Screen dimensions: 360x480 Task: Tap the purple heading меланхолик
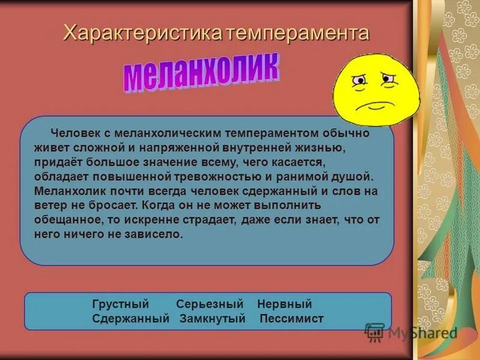pyautogui.click(x=202, y=74)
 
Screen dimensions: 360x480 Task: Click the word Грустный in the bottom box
pyautogui.click(x=121, y=304)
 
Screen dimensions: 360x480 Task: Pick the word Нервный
pyautogui.click(x=284, y=304)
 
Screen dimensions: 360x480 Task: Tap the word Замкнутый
pyautogui.click(x=213, y=319)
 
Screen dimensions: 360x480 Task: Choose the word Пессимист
pyautogui.click(x=292, y=319)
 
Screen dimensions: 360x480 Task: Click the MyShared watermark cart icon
pyautogui.click(x=374, y=332)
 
